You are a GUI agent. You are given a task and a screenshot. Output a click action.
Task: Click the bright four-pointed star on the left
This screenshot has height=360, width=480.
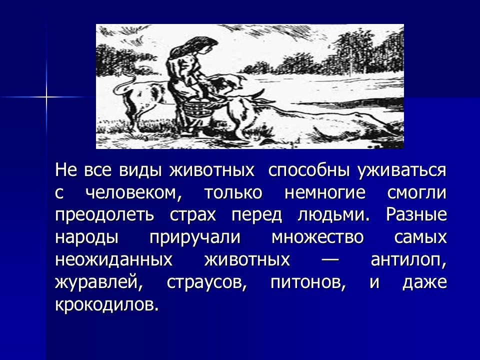pos(46,96)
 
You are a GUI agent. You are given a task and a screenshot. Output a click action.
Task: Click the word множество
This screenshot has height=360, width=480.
pos(318,237)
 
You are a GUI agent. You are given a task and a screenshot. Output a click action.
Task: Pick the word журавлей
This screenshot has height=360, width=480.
pos(97,282)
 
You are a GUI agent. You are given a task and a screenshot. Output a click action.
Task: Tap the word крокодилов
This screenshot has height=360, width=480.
pos(107,304)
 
